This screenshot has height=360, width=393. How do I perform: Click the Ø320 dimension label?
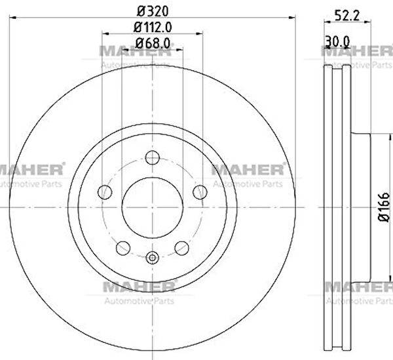[x=153, y=10]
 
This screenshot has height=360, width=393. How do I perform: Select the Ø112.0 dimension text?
[x=153, y=28]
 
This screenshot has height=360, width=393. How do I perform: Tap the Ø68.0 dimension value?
[x=153, y=43]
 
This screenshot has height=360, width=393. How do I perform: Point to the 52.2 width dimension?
[x=347, y=16]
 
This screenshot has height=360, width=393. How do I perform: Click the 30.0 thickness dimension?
[x=337, y=41]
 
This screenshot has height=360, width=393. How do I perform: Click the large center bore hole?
[x=153, y=207]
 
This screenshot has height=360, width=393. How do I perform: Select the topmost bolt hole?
[x=153, y=157]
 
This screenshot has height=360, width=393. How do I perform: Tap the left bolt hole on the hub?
[x=105, y=192]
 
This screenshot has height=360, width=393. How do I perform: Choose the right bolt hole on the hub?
[x=200, y=192]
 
